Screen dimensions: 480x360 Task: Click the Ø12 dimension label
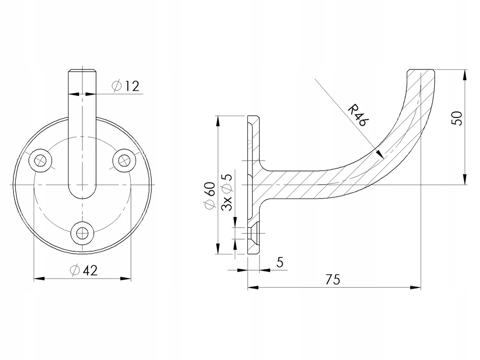pyautogui.click(x=126, y=86)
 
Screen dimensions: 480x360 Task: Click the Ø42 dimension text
pyautogui.click(x=84, y=270)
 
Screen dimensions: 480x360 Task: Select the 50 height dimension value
pyautogui.click(x=457, y=118)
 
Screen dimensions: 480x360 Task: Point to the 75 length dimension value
pyautogui.click(x=333, y=279)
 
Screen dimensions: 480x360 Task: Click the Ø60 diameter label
pyautogui.click(x=210, y=195)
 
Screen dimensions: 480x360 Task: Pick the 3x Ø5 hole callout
pyautogui.click(x=227, y=192)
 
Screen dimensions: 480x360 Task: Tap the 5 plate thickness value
pyautogui.click(x=280, y=262)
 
